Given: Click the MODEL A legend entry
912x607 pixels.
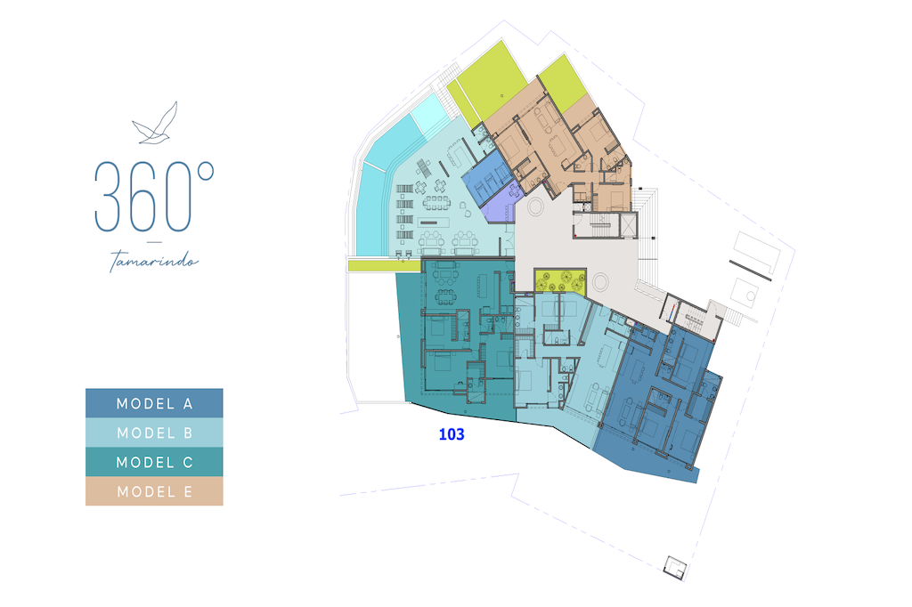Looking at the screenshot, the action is pos(154,403).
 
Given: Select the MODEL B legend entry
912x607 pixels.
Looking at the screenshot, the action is pos(154,433).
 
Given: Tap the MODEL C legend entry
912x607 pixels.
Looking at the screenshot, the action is pos(154,462).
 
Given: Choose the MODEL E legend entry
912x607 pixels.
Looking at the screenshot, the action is pos(154,491).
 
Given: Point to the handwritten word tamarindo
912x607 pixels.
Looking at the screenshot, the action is pos(154,261).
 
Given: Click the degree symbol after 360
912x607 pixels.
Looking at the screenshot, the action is pos(206,171).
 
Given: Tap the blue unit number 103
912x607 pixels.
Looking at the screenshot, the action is pos(452,434).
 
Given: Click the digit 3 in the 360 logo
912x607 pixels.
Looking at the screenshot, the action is pos(109,197).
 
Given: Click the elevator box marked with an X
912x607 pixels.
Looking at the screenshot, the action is pos(629,225).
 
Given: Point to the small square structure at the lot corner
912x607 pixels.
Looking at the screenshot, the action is pos(675,567).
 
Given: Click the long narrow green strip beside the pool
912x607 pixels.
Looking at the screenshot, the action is pos(384,265).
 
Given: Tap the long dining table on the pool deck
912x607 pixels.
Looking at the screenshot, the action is pos(436,202).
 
